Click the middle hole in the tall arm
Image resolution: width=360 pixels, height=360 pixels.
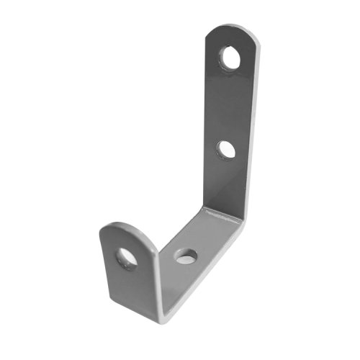coord(226,148)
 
